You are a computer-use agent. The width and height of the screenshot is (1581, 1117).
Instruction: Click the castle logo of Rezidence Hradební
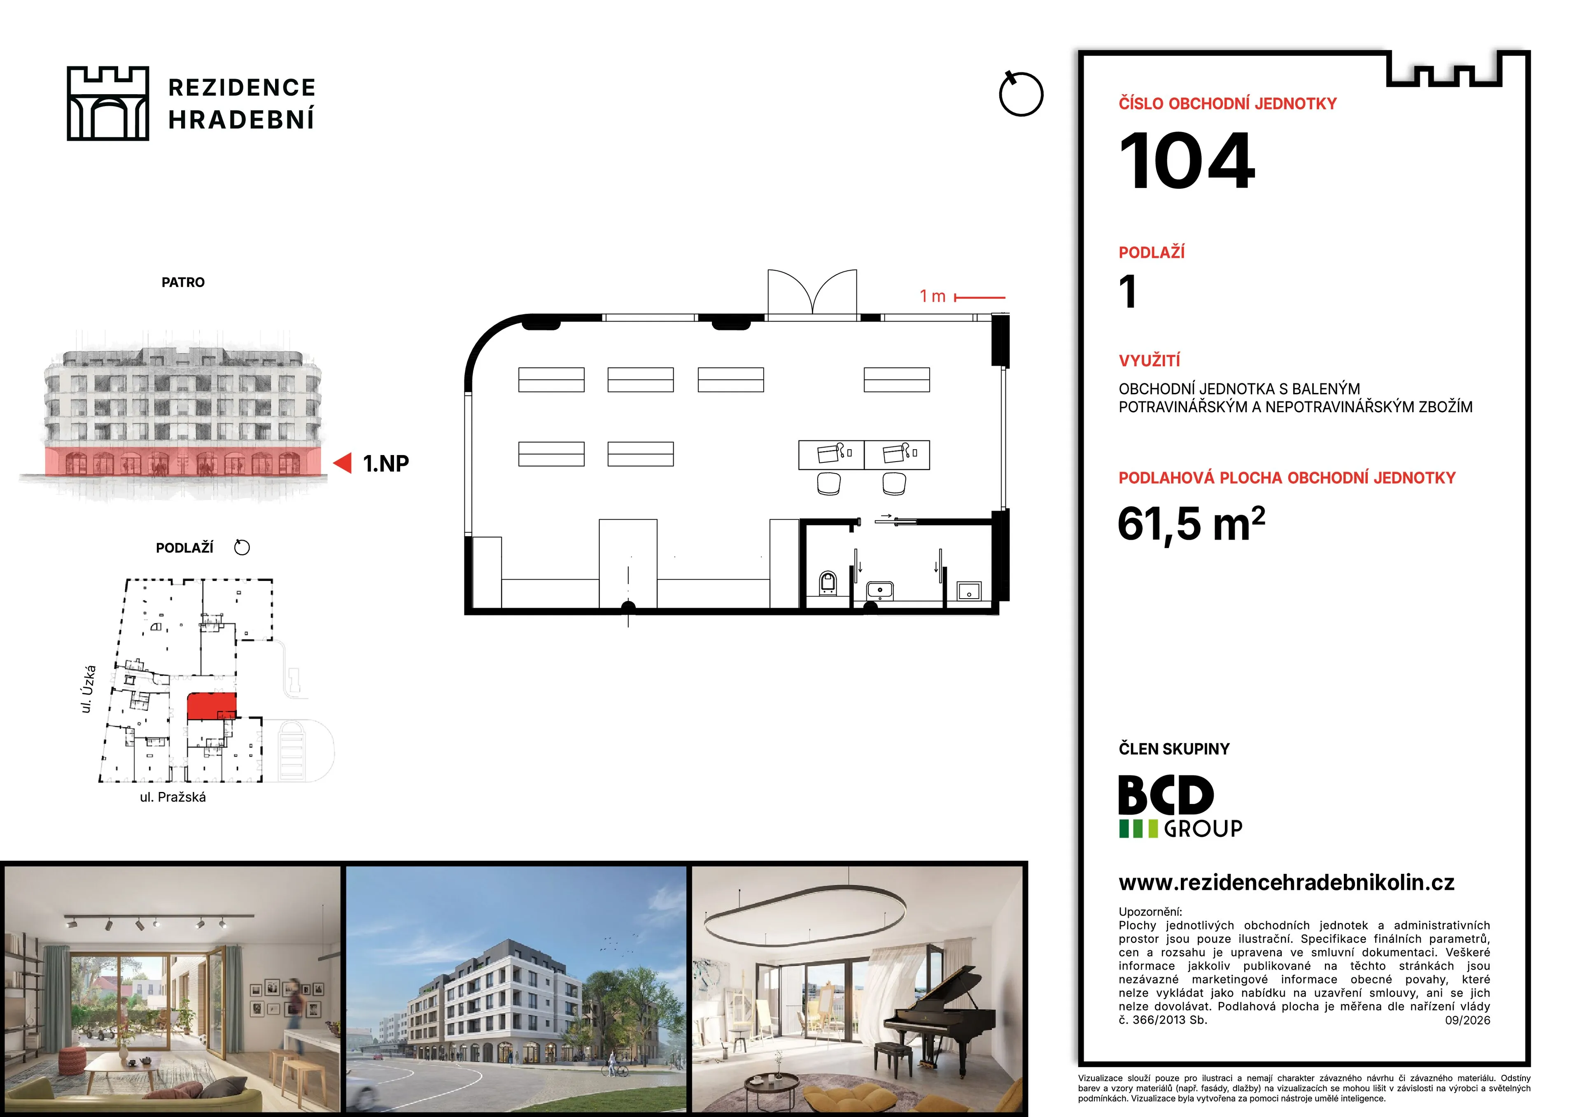click(108, 103)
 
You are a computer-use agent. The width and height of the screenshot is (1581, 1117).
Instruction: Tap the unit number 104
click(1187, 161)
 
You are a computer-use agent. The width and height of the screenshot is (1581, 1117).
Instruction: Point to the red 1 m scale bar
click(980, 297)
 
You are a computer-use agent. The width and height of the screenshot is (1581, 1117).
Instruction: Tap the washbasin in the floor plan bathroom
click(879, 590)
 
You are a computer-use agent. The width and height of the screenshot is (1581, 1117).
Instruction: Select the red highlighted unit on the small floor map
click(211, 706)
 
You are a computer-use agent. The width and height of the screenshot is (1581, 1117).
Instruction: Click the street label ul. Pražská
click(173, 797)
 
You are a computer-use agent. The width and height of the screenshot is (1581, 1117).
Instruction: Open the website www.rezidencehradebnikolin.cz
click(1286, 883)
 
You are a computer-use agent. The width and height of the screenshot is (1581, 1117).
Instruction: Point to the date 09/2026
click(1467, 1020)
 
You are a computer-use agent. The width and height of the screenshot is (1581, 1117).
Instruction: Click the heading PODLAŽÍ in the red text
click(1151, 253)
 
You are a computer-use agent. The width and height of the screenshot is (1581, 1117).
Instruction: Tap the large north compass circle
click(1021, 94)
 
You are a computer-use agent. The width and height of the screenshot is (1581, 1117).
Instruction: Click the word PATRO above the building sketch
click(183, 282)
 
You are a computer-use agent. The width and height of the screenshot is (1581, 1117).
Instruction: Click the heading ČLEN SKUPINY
click(1174, 749)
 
